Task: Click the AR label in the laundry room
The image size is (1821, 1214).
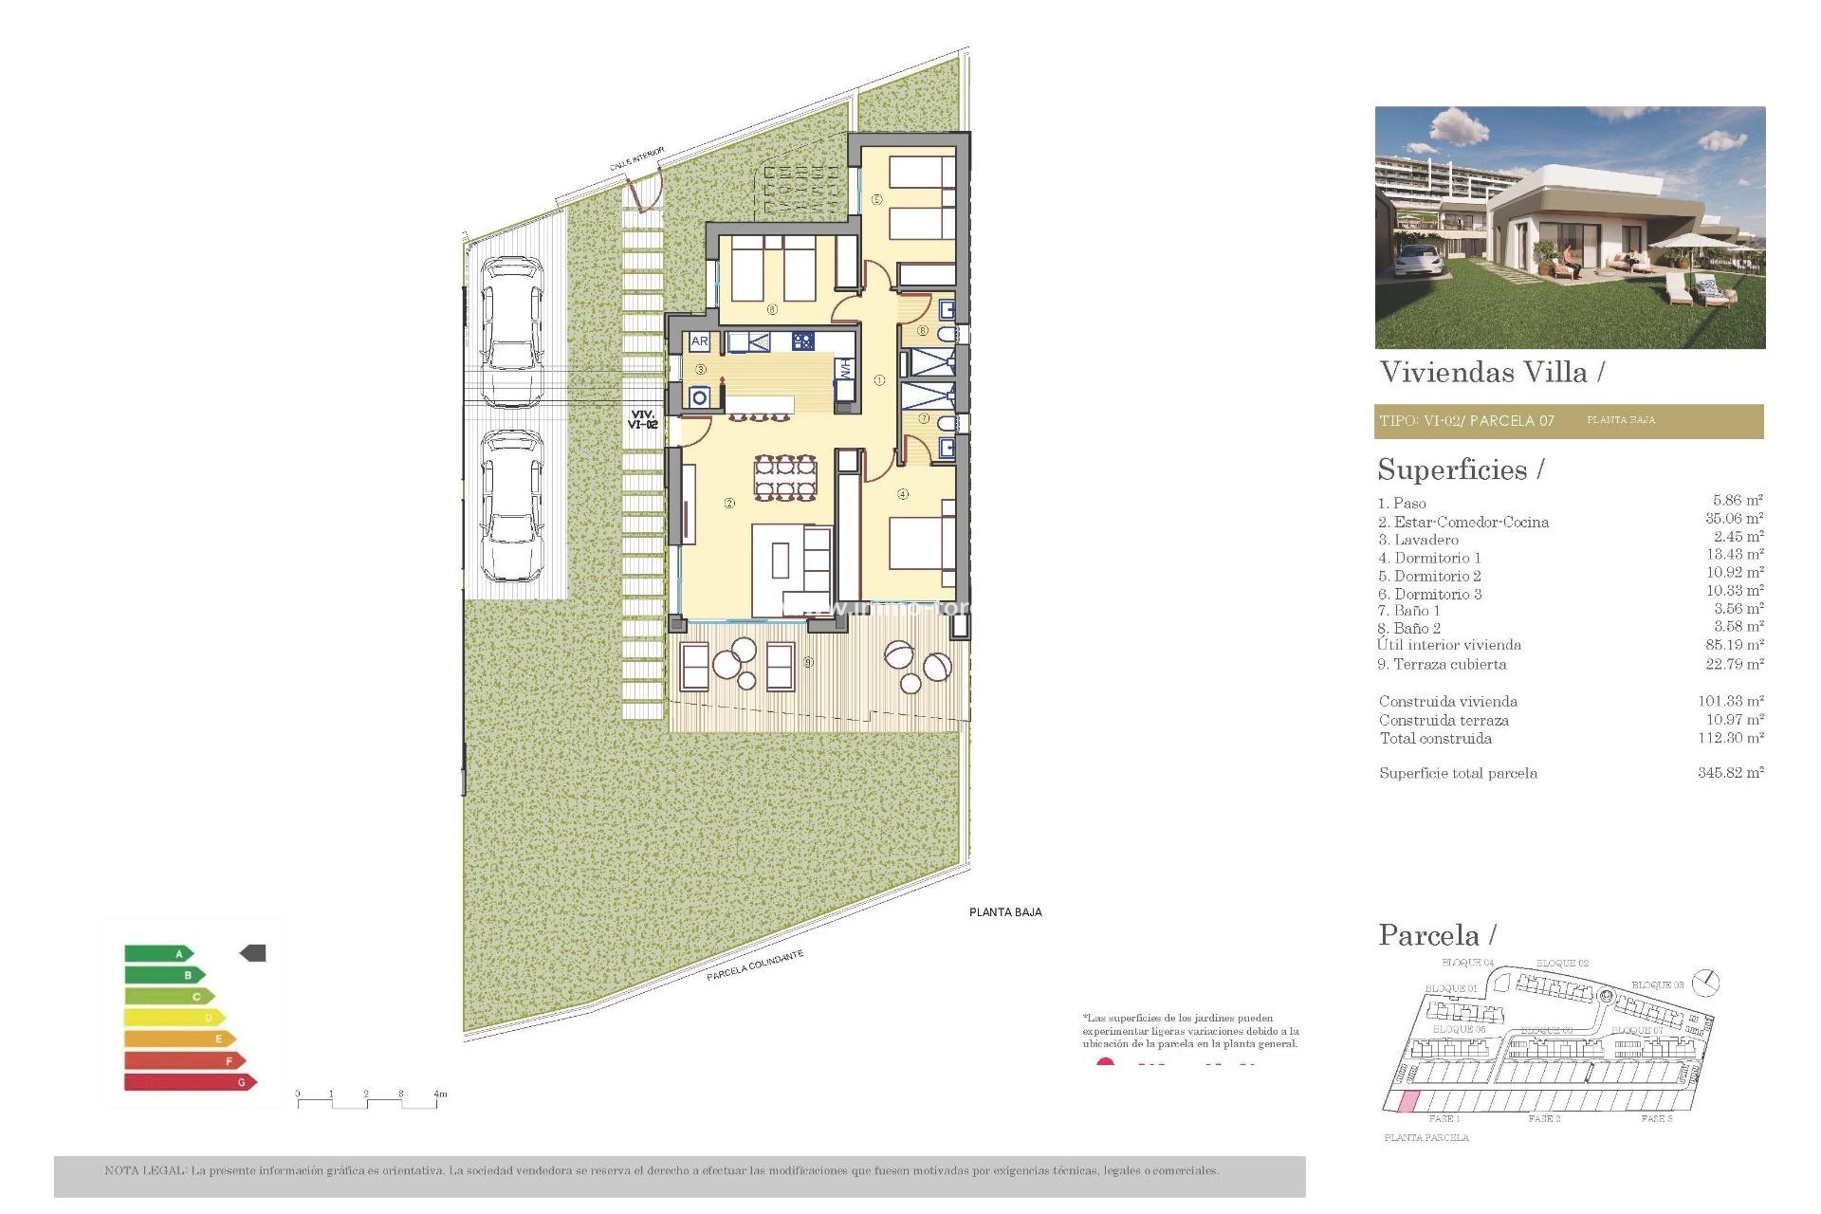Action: tap(700, 341)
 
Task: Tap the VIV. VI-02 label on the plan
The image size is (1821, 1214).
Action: tap(642, 420)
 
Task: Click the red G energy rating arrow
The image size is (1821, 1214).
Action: tap(190, 1082)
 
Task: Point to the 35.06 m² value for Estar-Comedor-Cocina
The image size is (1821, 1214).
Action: tap(1734, 519)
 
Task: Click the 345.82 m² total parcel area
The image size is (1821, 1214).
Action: tap(1730, 773)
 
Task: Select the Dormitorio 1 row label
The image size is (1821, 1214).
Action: tap(1429, 558)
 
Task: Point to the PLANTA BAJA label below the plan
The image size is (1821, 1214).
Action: tap(1005, 912)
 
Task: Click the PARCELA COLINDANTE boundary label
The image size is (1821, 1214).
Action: tap(755, 966)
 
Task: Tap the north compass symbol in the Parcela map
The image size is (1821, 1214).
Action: tap(1706, 983)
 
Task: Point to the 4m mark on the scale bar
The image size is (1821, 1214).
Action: tap(440, 1094)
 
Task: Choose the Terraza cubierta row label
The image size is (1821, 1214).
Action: tap(1442, 664)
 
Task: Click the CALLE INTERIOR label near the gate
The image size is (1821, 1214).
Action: tap(636, 158)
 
